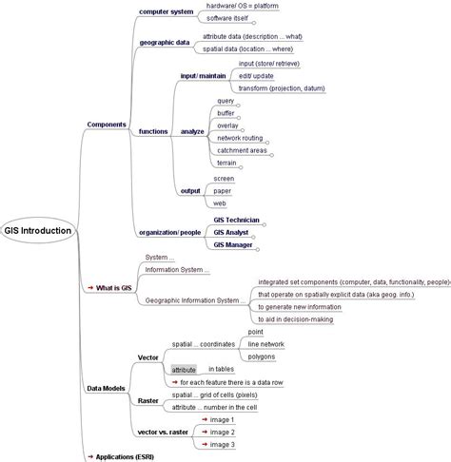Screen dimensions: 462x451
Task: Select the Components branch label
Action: pyautogui.click(x=107, y=125)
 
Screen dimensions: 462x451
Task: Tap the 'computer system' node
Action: pyautogui.click(x=166, y=11)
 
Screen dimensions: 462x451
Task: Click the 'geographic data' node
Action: pyautogui.click(x=163, y=42)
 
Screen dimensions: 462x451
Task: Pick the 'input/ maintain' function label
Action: pyautogui.click(x=203, y=74)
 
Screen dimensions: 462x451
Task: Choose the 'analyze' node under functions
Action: pyautogui.click(x=193, y=131)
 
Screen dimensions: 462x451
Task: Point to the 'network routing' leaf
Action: pyautogui.click(x=240, y=138)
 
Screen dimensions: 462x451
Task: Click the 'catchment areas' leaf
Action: pyautogui.click(x=241, y=150)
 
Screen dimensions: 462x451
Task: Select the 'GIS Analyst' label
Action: pyautogui.click(x=232, y=232)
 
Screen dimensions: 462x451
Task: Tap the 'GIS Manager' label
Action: pyautogui.click(x=233, y=244)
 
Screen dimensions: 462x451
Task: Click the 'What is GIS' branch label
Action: pyautogui.click(x=113, y=287)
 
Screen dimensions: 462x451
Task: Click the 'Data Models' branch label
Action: pyautogui.click(x=106, y=388)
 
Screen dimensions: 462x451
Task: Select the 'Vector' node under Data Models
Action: pyautogui.click(x=147, y=356)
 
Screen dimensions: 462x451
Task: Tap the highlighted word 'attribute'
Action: pyautogui.click(x=184, y=369)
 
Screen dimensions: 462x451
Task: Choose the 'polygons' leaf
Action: pyautogui.click(x=263, y=356)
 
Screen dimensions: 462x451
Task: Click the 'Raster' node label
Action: pyautogui.click(x=147, y=400)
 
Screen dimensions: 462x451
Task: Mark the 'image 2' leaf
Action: pyautogui.click(x=222, y=432)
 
